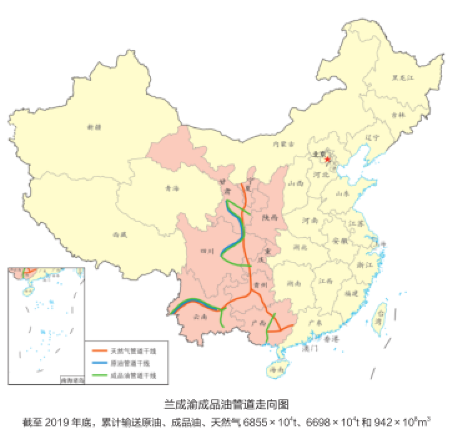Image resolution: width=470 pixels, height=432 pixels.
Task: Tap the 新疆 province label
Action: point(94,127)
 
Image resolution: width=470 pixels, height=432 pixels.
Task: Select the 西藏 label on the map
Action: point(120,235)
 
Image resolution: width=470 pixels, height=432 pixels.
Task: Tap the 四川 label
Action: point(207,251)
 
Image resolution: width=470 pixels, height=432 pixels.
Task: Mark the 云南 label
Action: point(201,317)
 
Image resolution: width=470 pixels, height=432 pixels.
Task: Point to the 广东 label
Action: point(315,323)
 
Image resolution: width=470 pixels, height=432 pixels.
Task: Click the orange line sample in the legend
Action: point(97,350)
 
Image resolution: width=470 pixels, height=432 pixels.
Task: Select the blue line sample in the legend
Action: point(97,363)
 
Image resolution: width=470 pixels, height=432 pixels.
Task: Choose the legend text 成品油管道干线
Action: point(132,376)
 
